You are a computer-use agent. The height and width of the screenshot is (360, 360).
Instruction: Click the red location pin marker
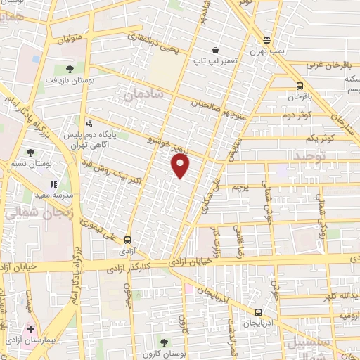(x=181, y=165)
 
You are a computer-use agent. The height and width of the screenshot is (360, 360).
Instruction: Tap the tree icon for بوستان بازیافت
(x=69, y=68)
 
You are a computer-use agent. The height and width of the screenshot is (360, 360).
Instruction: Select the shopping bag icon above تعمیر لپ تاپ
(x=215, y=50)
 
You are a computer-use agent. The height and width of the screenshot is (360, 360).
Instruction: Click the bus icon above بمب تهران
(x=266, y=40)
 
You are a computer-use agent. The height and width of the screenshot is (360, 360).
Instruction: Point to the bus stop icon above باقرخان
(x=300, y=84)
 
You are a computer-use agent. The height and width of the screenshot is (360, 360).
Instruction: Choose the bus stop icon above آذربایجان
(x=258, y=312)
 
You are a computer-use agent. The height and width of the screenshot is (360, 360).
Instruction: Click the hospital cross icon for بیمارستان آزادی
(x=30, y=329)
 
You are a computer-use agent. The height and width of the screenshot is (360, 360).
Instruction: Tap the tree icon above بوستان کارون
(x=164, y=342)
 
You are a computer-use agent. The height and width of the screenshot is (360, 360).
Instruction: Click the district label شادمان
(x=144, y=92)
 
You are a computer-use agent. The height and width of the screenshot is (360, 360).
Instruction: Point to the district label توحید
(x=311, y=155)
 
